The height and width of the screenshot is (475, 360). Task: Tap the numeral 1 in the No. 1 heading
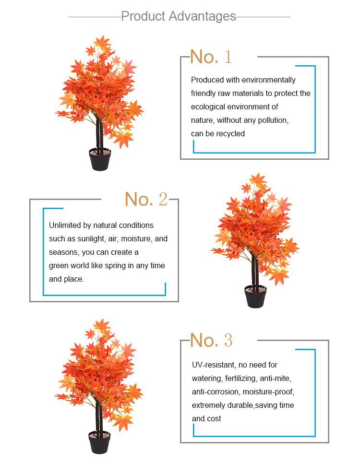pos(228,57)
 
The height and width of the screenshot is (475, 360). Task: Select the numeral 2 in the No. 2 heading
pos(163,199)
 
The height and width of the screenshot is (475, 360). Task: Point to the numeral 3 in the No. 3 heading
pos(228,340)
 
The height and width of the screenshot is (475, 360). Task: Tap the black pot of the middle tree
pos(255,296)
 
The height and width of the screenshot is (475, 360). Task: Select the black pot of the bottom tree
pos(99,442)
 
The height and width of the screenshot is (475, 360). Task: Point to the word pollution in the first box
pos(273,120)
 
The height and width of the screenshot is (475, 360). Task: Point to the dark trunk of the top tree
pos(99,133)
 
